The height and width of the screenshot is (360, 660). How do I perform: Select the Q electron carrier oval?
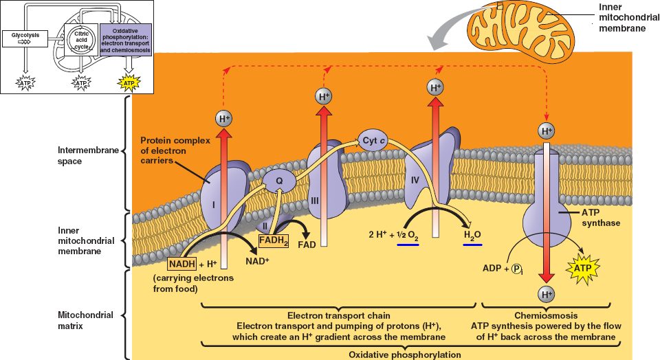click(x=280, y=181)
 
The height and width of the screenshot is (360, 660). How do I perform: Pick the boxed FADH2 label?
click(x=274, y=240)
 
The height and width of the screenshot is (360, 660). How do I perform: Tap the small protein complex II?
click(x=263, y=223)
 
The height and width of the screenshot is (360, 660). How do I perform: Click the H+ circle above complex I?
click(x=224, y=119)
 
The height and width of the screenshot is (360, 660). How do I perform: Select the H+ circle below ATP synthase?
click(x=547, y=295)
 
